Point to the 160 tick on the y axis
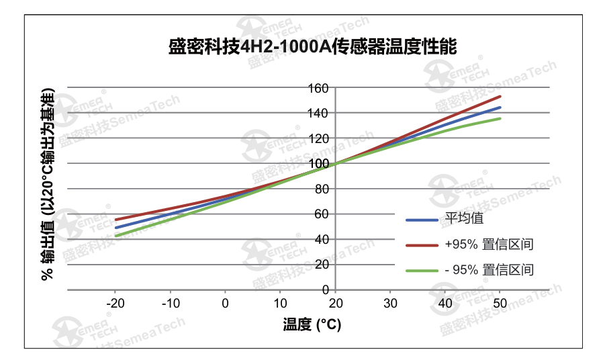point(318,88)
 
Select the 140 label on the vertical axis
point(318,114)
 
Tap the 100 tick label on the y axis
point(318,164)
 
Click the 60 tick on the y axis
point(320,214)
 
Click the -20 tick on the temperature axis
point(115,303)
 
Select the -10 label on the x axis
point(171,303)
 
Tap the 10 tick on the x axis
point(280,303)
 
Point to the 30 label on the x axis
point(390,303)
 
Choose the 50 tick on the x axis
point(500,303)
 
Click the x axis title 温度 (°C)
point(312,325)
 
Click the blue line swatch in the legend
point(422,220)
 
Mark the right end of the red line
point(500,97)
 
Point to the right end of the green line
point(500,119)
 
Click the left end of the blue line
point(115,228)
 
